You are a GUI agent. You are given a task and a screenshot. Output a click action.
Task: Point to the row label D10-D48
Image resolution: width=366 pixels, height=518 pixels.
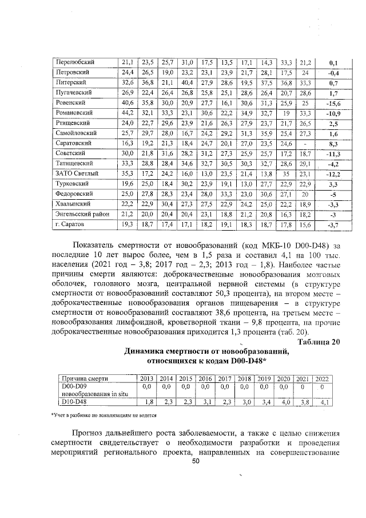73,402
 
